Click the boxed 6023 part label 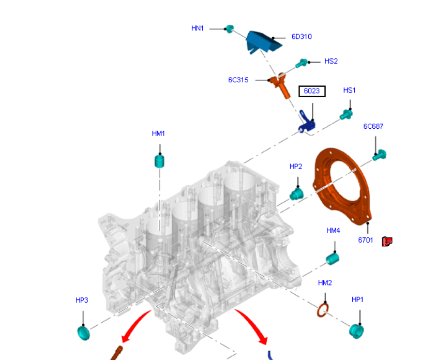pos(312,92)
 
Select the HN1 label pos(198,28)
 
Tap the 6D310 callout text pos(302,37)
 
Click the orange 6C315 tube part pos(281,86)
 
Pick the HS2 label pos(331,61)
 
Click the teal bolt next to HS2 pos(301,64)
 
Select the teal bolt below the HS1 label pos(347,114)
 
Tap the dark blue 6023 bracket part pos(307,123)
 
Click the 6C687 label pos(373,126)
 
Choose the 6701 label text pos(366,240)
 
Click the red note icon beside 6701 pos(387,241)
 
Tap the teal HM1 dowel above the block pos(160,161)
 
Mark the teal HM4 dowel pos(333,258)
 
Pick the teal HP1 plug pos(356,331)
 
